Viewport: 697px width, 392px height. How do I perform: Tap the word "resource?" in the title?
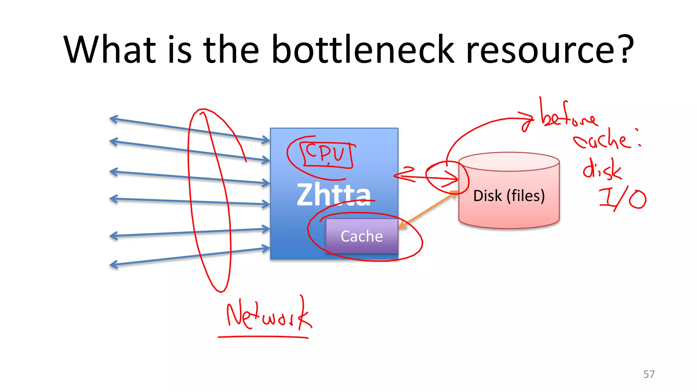click(x=549, y=50)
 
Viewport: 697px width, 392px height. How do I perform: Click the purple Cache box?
click(x=361, y=236)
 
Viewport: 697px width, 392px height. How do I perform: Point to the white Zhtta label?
click(x=333, y=195)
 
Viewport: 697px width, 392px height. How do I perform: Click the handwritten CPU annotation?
click(x=325, y=154)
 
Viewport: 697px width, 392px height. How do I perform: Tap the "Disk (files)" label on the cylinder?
click(x=509, y=196)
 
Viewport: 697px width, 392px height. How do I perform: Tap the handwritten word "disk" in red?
click(x=602, y=169)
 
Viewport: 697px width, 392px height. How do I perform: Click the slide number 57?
click(x=649, y=374)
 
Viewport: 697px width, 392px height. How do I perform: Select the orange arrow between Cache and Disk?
click(x=429, y=210)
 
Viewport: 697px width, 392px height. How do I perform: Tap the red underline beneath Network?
click(x=263, y=337)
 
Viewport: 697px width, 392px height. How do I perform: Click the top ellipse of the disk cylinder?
click(x=509, y=162)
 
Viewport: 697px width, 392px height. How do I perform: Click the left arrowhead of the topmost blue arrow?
click(x=113, y=119)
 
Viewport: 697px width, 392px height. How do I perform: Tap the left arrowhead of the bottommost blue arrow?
click(x=114, y=264)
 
